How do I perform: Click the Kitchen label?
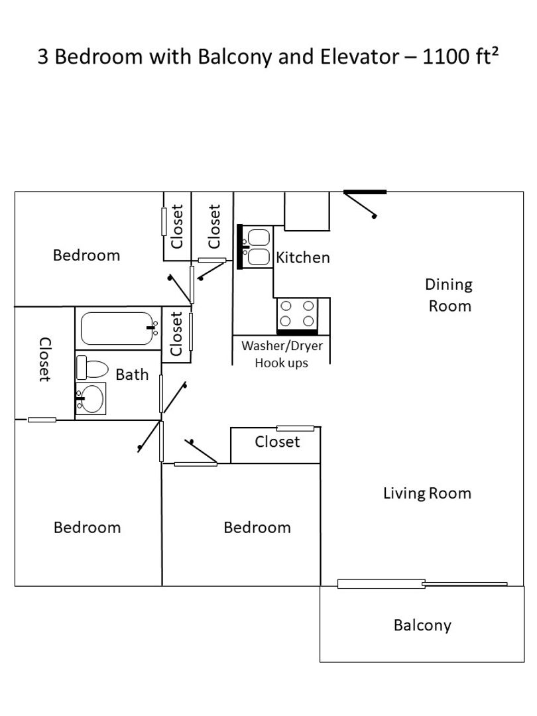[303, 257]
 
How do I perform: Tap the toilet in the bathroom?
[92, 367]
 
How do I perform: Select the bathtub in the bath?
[117, 328]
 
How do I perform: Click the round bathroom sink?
[91, 398]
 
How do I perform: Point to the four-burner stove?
[297, 316]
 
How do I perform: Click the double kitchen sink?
[255, 247]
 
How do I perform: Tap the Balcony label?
[422, 625]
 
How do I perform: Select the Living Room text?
[427, 493]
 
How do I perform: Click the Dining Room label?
[449, 295]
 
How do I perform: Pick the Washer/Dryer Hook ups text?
[282, 354]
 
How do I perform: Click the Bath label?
[132, 375]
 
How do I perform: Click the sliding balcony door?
[422, 583]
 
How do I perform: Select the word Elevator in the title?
[360, 56]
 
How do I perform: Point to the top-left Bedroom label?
[86, 255]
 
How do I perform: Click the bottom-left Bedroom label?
[88, 528]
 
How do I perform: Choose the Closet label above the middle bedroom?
[277, 442]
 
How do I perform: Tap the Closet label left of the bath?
[44, 359]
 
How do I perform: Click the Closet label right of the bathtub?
[176, 333]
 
